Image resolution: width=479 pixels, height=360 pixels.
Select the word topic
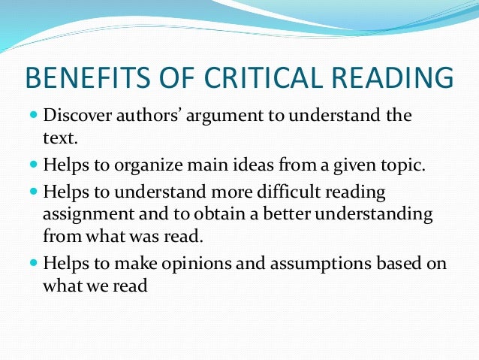click(404, 165)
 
